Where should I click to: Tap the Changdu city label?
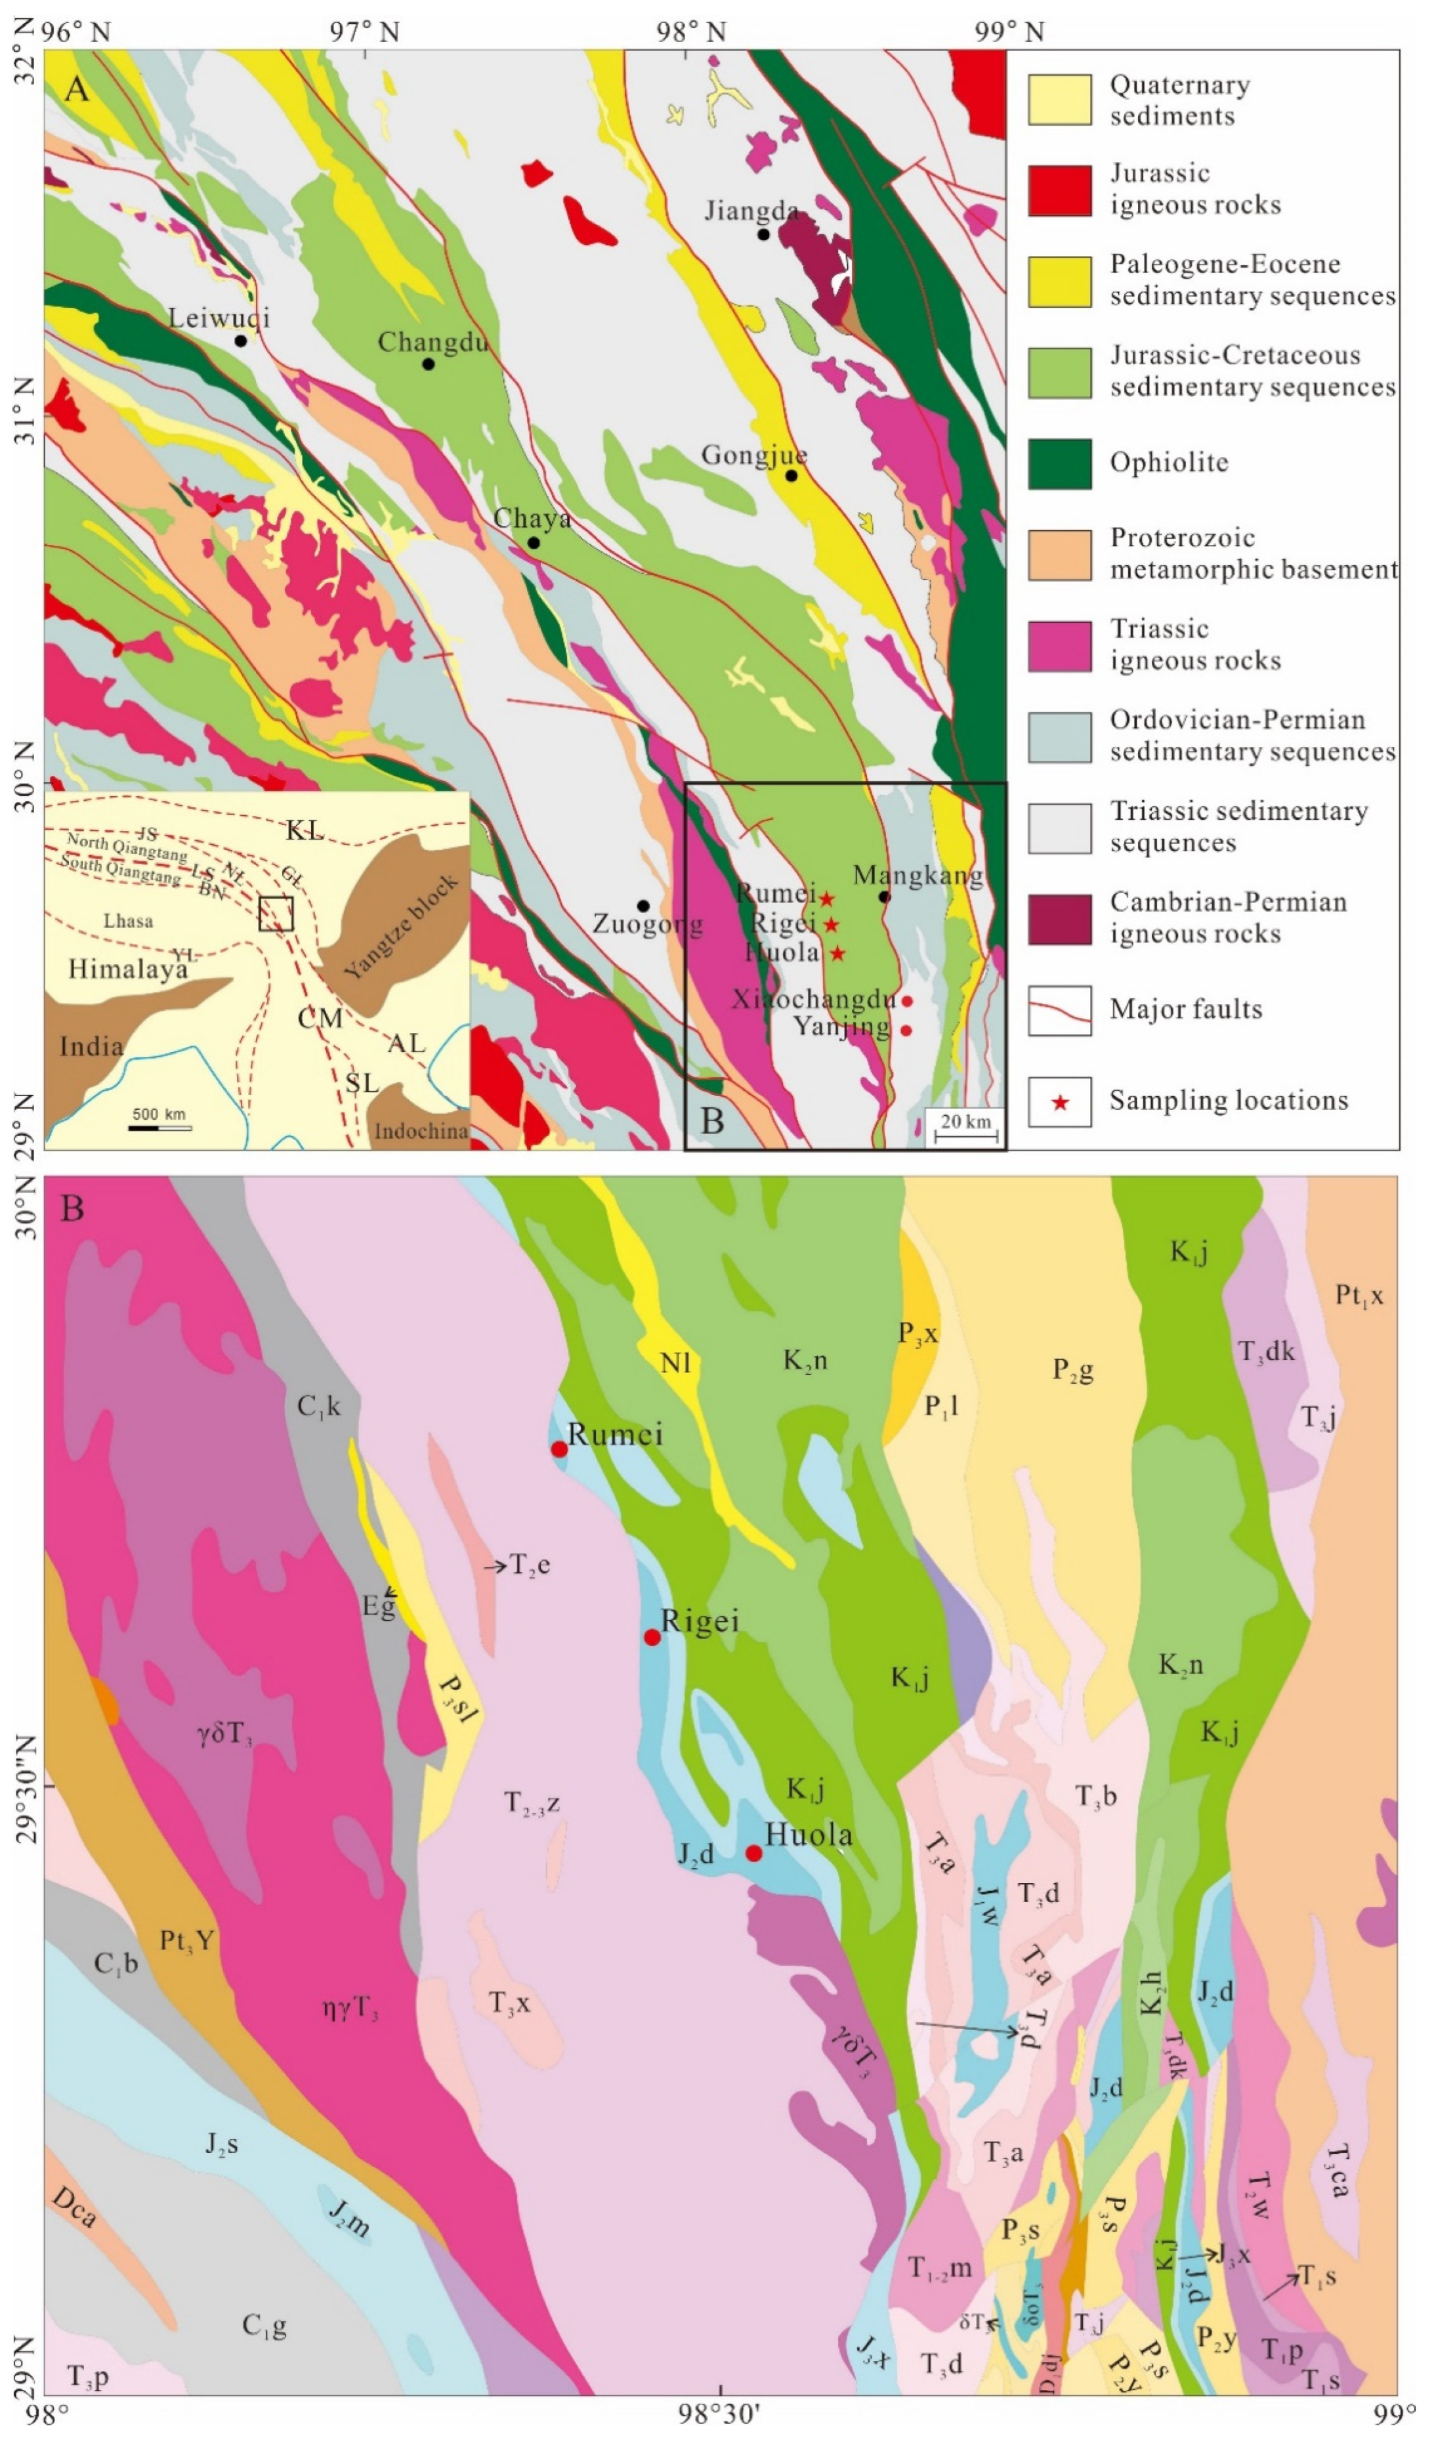pyautogui.click(x=432, y=341)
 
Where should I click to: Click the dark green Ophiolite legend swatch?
pyautogui.click(x=1059, y=463)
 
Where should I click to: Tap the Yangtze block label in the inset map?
pyautogui.click(x=401, y=927)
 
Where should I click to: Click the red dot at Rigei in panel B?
pyautogui.click(x=652, y=1638)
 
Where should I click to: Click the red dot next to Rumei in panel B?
pyautogui.click(x=559, y=1449)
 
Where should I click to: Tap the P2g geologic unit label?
pyautogui.click(x=1073, y=1370)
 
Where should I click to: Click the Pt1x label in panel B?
pyautogui.click(x=1359, y=1295)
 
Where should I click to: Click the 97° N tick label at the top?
pyautogui.click(x=364, y=32)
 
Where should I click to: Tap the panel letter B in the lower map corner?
pyautogui.click(x=72, y=1209)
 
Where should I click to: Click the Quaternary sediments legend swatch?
pyautogui.click(x=1059, y=99)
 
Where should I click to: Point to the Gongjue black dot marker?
pyautogui.click(x=791, y=475)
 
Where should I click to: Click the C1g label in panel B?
pyautogui.click(x=264, y=2326)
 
